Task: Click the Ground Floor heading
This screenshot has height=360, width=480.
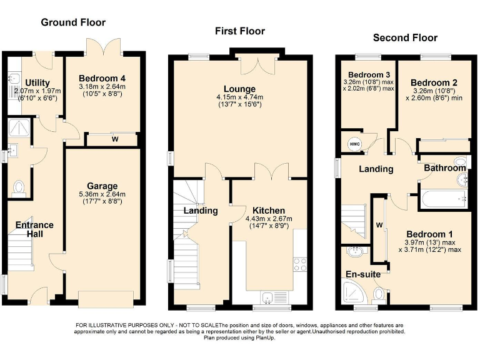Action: (x=73, y=22)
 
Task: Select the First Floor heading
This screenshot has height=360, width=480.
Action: (x=239, y=31)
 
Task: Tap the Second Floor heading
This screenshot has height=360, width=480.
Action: (x=405, y=37)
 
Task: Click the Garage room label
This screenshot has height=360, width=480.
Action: (x=102, y=186)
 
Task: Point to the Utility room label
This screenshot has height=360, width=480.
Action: (x=37, y=83)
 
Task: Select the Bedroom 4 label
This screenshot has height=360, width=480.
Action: (x=102, y=78)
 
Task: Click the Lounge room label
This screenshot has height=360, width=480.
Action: (x=239, y=89)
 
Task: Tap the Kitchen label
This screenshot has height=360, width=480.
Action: (x=269, y=210)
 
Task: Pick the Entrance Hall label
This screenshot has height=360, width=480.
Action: (x=34, y=229)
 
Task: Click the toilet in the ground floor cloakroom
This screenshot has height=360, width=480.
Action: (x=19, y=187)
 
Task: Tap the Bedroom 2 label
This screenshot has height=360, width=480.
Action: (x=434, y=82)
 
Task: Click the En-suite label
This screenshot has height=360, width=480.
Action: (x=362, y=274)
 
